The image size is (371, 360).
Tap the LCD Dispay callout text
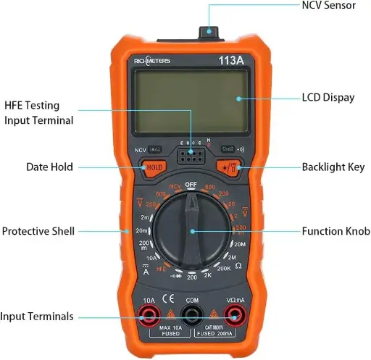[328, 97]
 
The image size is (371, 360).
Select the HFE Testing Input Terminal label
[38, 112]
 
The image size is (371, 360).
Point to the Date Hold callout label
[49, 167]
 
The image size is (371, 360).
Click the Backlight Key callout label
[333, 167]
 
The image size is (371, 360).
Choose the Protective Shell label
[38, 231]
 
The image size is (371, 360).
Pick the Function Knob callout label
[335, 231]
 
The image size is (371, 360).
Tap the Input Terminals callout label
[38, 317]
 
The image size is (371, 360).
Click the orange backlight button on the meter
[232, 167]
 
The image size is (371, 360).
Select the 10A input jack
[149, 315]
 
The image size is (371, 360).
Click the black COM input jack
[192, 315]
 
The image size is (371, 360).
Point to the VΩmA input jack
[234, 315]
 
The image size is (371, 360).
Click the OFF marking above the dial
[191, 185]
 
